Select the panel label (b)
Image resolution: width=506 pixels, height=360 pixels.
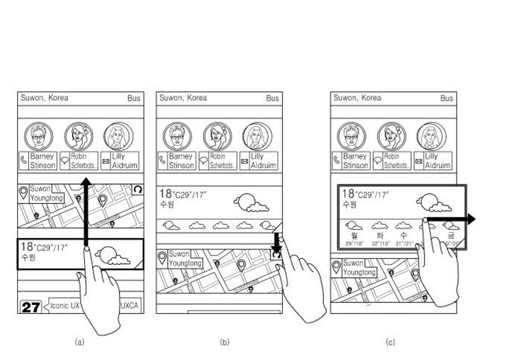click(224, 342)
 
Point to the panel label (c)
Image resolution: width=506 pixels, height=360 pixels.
click(390, 342)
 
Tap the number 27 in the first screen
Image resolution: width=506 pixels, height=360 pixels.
click(31, 308)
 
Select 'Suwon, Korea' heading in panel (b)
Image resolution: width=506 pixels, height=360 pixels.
click(183, 98)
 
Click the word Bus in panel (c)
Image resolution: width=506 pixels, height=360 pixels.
click(447, 99)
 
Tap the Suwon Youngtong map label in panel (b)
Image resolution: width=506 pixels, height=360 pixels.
click(185, 259)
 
